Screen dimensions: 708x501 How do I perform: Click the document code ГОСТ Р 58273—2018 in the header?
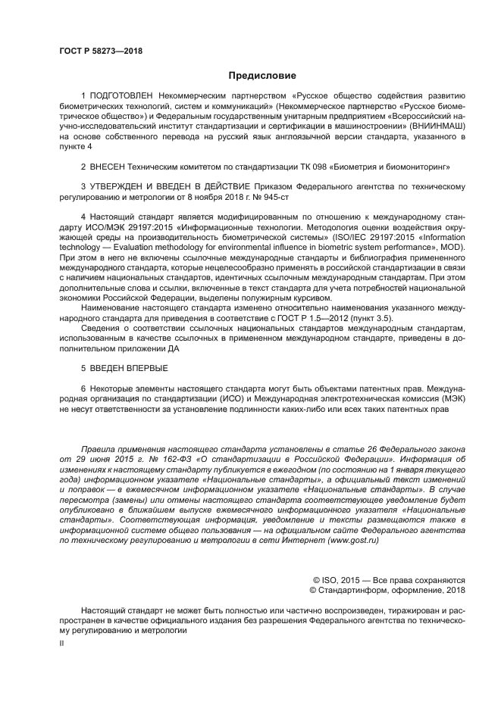(101, 51)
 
